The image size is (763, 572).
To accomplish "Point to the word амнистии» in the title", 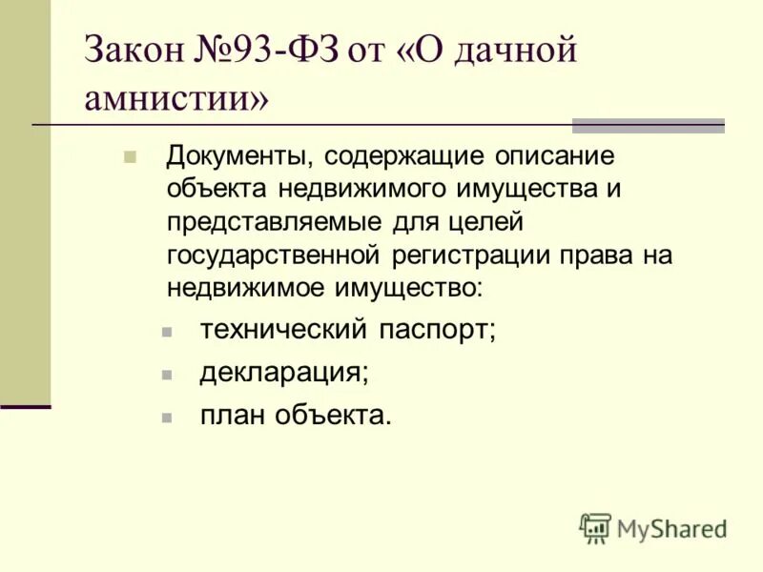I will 176,98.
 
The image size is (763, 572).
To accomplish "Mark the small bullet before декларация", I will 167,376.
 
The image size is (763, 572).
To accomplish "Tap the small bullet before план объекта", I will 167,418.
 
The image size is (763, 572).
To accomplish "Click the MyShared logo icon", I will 595,528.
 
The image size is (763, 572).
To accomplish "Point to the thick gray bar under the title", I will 648,126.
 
